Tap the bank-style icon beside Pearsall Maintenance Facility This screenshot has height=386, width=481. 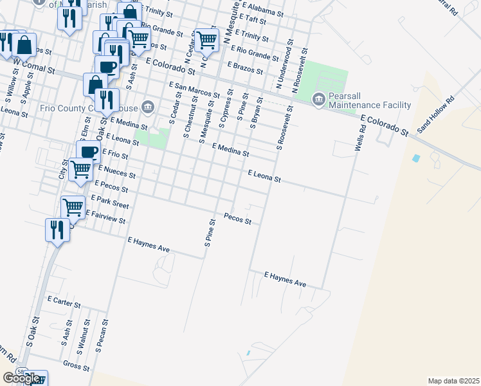click(x=318, y=99)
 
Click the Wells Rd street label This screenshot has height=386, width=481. click(x=360, y=138)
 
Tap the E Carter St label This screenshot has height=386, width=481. click(x=64, y=301)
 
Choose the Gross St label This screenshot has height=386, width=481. click(x=76, y=364)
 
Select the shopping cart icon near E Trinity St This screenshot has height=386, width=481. click(x=206, y=40)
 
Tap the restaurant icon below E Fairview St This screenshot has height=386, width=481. click(x=53, y=230)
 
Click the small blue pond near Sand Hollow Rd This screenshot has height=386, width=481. click(x=416, y=158)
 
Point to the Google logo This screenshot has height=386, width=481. click(x=21, y=378)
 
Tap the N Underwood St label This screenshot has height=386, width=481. click(x=284, y=67)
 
